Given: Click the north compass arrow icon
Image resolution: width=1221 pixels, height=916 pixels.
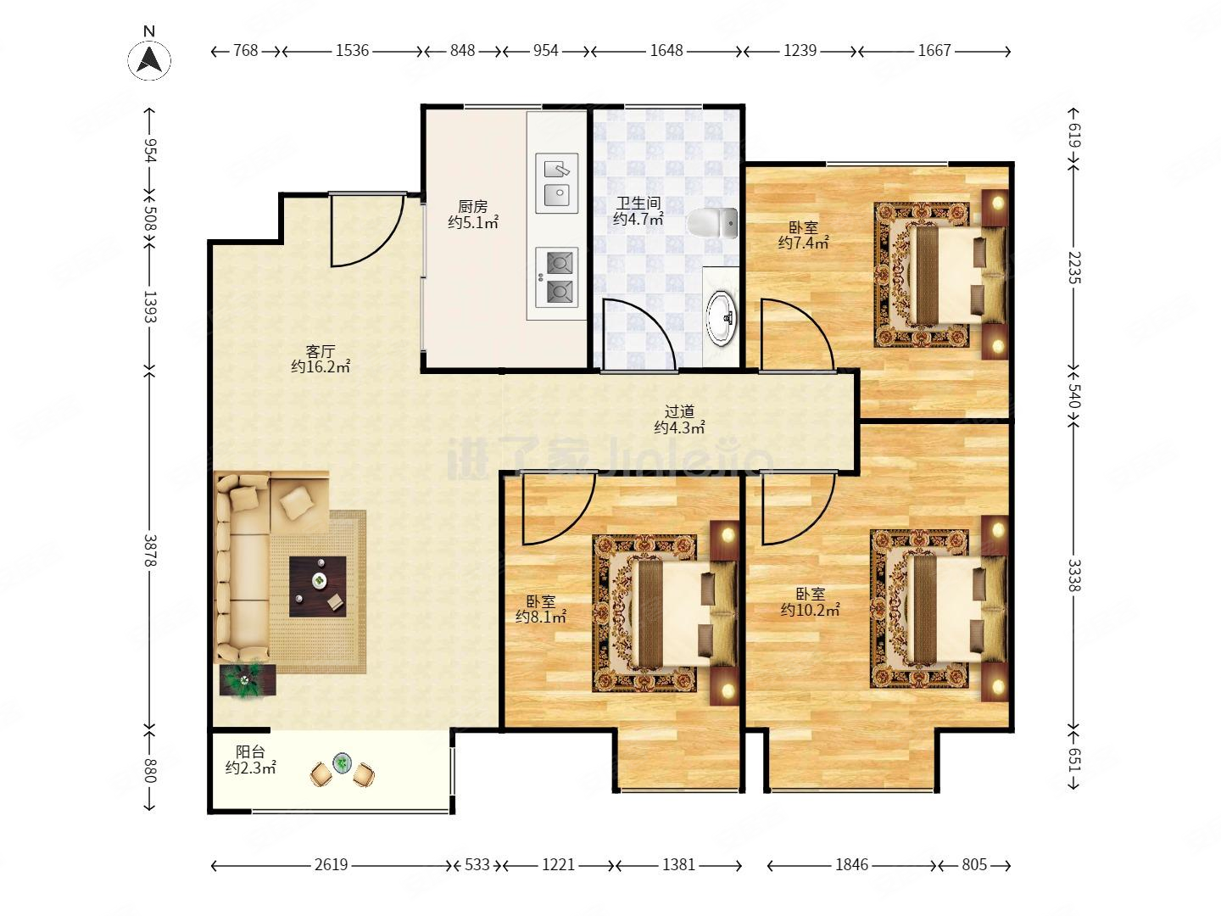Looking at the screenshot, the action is tap(149, 59).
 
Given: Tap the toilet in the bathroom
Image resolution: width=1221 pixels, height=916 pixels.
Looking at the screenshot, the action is tap(712, 224).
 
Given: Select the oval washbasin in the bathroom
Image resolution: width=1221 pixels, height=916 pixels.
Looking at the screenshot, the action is tap(722, 317).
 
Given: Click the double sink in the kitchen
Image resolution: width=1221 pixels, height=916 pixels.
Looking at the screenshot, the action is tap(556, 183).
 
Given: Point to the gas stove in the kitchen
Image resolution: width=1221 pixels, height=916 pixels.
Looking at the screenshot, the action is tap(556, 277).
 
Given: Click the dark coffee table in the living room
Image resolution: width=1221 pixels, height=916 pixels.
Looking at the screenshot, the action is tap(318, 586).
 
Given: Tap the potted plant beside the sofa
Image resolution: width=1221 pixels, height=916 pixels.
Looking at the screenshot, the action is tap(247, 679).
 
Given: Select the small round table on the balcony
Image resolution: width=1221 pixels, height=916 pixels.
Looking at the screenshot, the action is tap(342, 762).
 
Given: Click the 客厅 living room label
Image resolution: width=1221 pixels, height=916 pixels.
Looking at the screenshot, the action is tap(320, 351).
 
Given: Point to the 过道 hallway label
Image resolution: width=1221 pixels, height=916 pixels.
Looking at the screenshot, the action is tap(679, 411).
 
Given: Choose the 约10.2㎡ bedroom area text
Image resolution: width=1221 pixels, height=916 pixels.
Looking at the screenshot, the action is tap(810, 610).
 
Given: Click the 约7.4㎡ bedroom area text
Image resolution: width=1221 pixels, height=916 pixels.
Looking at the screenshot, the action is tap(803, 243).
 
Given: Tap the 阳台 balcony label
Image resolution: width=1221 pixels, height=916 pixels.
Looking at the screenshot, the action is tap(250, 752).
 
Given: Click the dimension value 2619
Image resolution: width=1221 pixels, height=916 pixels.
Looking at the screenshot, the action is tap(331, 864).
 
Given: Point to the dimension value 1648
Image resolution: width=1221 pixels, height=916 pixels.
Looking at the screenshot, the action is tap(666, 51).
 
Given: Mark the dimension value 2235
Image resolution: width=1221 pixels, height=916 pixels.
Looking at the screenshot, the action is tap(1074, 267).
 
